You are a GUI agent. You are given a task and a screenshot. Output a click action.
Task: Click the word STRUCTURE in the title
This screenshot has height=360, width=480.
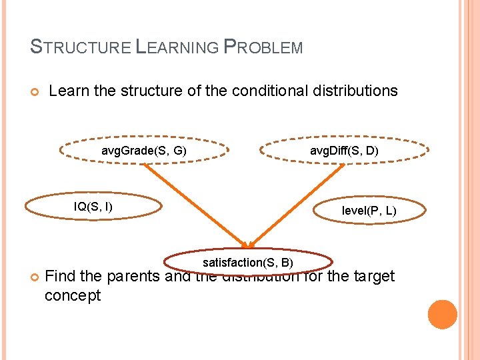[81, 47]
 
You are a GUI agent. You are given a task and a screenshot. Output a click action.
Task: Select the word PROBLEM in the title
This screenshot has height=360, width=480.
[263, 47]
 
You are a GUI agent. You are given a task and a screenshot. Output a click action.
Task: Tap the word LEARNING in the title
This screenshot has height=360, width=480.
[177, 47]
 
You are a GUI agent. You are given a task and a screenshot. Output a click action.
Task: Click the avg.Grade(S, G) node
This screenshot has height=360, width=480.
[143, 151]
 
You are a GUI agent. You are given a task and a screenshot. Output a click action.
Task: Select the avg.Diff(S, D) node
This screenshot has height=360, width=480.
[344, 151]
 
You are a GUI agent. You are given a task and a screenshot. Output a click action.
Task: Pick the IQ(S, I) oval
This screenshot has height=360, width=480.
[93, 207]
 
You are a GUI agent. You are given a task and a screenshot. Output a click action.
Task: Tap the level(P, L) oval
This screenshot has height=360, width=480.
[369, 211]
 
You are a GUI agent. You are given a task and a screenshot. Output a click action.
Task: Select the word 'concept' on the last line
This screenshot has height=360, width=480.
[72, 295]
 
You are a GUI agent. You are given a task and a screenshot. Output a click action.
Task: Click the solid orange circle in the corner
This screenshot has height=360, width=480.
[443, 315]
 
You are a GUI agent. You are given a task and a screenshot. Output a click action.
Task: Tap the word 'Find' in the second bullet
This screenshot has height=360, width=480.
[59, 276]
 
